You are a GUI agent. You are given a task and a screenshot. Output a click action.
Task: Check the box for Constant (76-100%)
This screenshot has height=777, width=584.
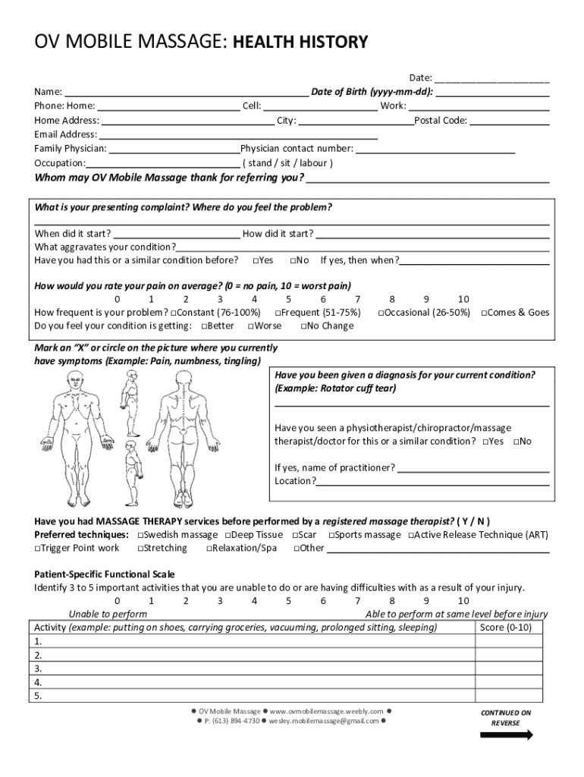174,313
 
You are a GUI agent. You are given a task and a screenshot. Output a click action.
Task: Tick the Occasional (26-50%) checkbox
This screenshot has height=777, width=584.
381,313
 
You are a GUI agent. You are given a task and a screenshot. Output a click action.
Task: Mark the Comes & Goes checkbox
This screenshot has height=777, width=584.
485,313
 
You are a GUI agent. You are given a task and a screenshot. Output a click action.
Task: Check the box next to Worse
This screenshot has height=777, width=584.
250,326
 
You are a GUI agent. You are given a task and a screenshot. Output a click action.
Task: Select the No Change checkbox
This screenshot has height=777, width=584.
304,326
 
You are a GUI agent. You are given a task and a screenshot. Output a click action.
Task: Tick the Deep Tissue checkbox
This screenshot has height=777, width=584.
228,535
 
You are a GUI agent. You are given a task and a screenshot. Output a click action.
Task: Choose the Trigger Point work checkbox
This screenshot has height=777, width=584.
37,549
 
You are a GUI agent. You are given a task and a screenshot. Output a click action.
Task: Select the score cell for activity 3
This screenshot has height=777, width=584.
508,668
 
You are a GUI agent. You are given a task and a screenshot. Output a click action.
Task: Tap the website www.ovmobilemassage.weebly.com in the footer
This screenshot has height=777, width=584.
327,711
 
